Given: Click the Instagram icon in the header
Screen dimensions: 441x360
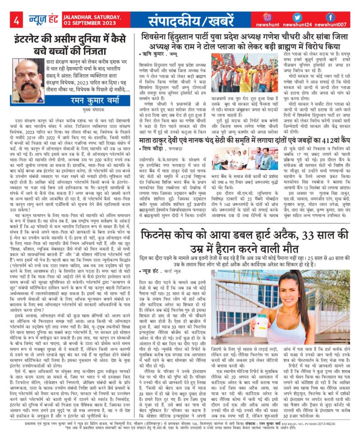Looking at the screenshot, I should [x=267, y=17].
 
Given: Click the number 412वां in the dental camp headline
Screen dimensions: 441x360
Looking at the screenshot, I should [x=325, y=140].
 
